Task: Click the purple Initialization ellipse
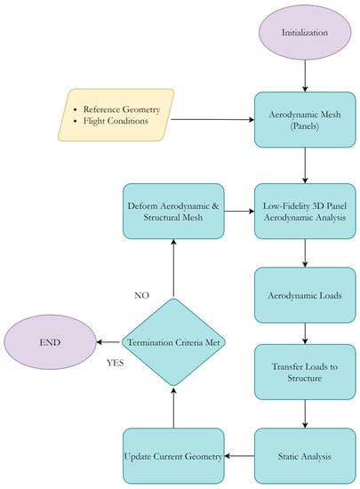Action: click(x=305, y=33)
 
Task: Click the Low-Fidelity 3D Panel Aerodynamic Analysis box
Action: click(x=305, y=211)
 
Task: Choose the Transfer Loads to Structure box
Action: click(x=305, y=372)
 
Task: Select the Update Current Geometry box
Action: click(x=174, y=455)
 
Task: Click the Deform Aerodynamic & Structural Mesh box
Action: click(x=174, y=211)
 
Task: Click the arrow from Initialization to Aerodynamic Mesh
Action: click(x=305, y=77)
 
